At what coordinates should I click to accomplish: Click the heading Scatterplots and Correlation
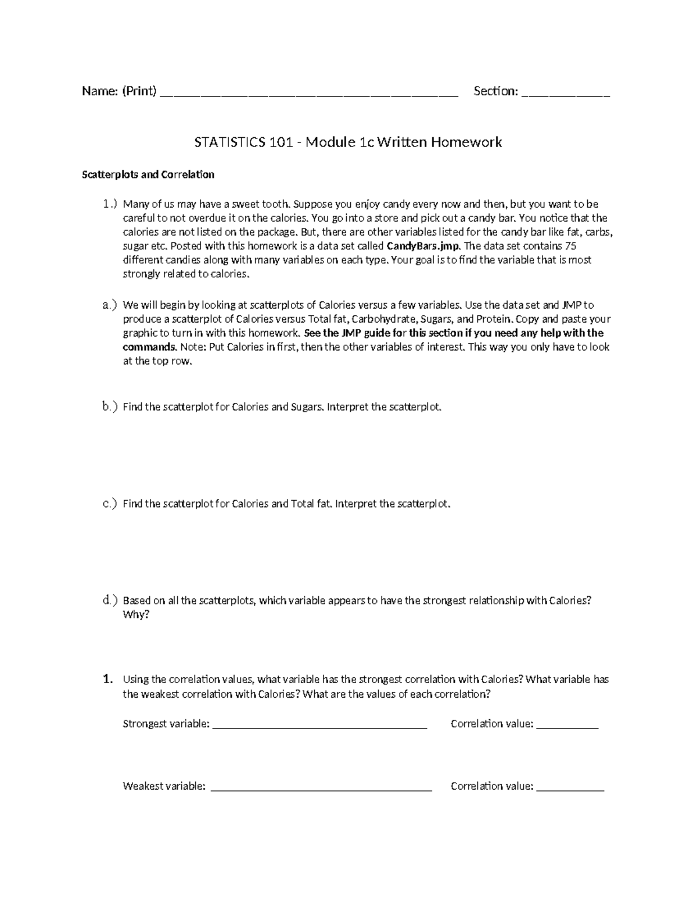coord(148,174)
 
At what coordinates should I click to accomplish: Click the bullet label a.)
coord(109,305)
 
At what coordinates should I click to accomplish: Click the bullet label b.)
coord(109,407)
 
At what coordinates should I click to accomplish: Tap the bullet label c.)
coord(109,504)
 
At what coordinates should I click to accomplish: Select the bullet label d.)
coord(109,600)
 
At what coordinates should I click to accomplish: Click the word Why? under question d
coord(136,615)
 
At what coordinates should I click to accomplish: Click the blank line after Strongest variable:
coord(320,726)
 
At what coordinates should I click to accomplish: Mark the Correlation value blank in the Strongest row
coord(567,726)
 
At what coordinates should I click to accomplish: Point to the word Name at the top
coord(99,91)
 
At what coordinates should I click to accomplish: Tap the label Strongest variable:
coord(166,724)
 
